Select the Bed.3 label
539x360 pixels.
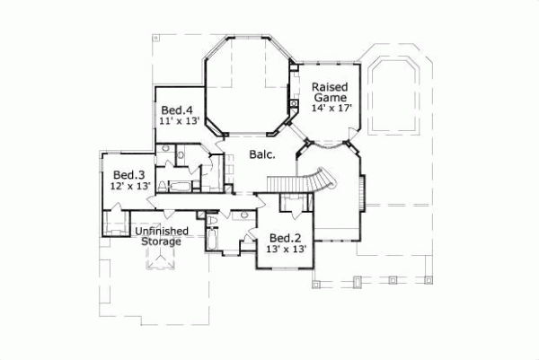pos(129,174)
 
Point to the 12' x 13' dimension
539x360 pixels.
pos(129,186)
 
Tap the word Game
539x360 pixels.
pos(329,97)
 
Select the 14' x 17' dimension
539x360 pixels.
pos(331,108)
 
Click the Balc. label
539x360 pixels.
pos(261,154)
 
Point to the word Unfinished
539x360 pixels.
pos(162,231)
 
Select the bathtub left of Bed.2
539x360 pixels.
pos(212,239)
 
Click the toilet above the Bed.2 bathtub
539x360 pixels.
pos(212,219)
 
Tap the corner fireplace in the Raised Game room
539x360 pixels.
pos(294,106)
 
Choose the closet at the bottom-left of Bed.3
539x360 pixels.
pos(115,223)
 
